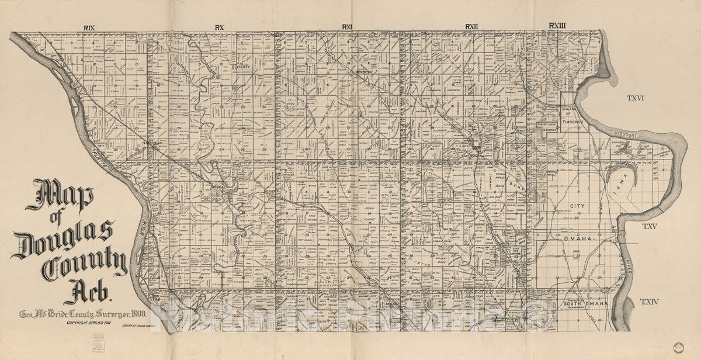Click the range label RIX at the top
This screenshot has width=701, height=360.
[x=89, y=28]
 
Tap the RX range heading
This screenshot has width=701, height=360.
[x=220, y=27]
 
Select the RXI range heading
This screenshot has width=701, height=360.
[x=348, y=27]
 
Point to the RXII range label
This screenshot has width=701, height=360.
[x=471, y=26]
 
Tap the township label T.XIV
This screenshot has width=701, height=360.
[x=649, y=302]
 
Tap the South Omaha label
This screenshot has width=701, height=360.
[x=585, y=304]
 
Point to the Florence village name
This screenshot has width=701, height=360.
[x=574, y=122]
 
